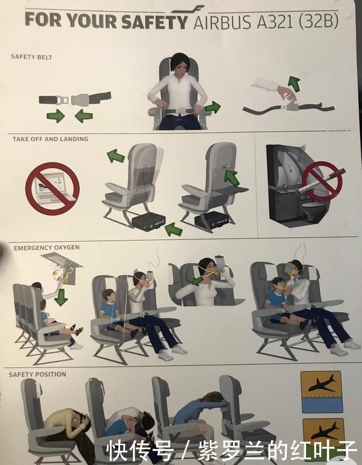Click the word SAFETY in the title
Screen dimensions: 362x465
[154, 22]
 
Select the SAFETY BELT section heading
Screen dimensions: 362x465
[32, 57]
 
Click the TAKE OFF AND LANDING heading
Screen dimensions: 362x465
[50, 139]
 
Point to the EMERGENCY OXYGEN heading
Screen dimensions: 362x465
[46, 248]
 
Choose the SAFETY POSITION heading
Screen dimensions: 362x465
[37, 374]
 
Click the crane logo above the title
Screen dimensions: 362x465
[187, 10]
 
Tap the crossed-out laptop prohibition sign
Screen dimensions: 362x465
[53, 189]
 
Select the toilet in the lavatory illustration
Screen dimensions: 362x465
[314, 211]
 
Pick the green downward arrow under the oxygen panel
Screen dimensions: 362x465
[61, 298]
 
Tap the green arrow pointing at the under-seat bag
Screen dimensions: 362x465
[173, 229]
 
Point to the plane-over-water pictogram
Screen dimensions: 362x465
[321, 392]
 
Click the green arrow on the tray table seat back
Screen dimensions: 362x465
[232, 178]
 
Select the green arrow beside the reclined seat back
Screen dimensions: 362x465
[115, 156]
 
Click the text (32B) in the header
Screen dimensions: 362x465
[318, 22]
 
